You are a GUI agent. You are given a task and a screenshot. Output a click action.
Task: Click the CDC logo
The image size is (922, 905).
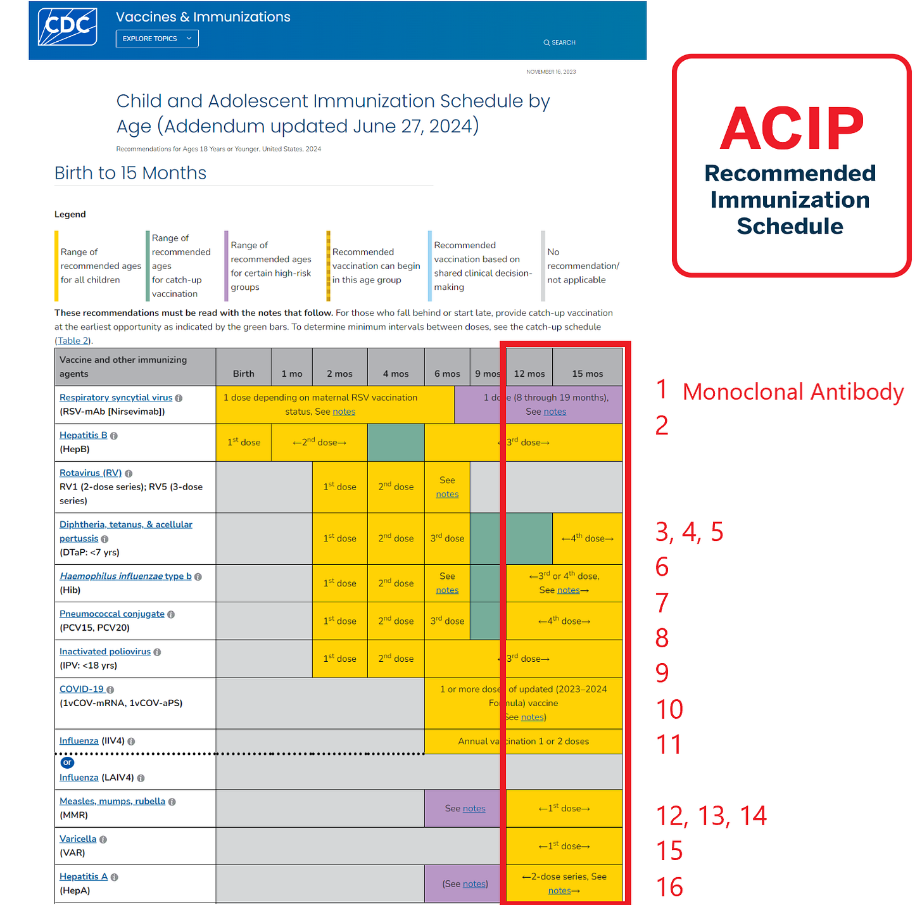(x=68, y=27)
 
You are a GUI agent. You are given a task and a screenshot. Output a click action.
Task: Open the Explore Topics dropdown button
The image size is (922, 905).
(x=157, y=39)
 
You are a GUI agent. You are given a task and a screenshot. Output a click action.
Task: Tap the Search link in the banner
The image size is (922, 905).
(x=560, y=42)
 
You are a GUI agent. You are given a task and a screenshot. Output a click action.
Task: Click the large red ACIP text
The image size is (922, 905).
(x=792, y=128)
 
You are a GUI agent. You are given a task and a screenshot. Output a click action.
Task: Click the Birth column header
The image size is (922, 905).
(x=243, y=374)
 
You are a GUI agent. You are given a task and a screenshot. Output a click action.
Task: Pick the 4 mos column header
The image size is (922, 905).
(x=396, y=374)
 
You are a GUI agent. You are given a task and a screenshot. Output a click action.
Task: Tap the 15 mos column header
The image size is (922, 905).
(x=588, y=374)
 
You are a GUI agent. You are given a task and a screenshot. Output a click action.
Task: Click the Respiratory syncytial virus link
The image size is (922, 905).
(x=116, y=398)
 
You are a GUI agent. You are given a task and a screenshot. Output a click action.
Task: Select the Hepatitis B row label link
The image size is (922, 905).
(x=84, y=435)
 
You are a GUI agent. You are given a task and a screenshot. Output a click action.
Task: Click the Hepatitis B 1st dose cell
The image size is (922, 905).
(x=244, y=442)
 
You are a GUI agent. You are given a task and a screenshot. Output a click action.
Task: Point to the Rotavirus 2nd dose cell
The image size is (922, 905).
(x=396, y=486)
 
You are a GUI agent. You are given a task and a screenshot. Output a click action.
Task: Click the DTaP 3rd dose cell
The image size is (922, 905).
(x=447, y=538)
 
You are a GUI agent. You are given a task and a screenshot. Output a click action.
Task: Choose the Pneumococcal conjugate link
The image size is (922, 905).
(x=112, y=614)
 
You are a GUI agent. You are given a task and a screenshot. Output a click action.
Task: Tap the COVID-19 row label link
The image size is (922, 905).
(x=82, y=689)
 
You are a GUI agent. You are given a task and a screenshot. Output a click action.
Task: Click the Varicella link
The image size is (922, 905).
(x=78, y=839)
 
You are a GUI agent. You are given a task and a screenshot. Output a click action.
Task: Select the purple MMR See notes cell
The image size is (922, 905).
(x=465, y=808)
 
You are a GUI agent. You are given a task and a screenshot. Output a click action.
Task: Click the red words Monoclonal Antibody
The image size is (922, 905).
(x=793, y=392)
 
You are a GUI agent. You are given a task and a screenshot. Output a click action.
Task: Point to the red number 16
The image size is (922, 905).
(x=669, y=887)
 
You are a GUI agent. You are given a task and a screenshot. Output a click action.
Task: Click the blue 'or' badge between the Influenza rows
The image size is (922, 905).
(x=68, y=763)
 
